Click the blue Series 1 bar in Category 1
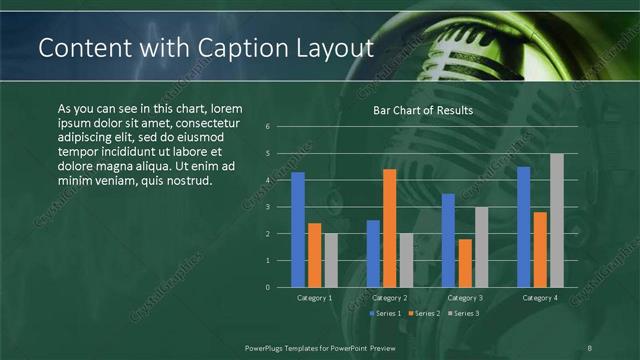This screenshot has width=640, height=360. pyautogui.click(x=298, y=230)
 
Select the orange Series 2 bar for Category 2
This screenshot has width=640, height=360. pyautogui.click(x=389, y=228)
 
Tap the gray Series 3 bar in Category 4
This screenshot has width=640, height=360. pyautogui.click(x=556, y=220)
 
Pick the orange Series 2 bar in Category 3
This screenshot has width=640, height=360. pyautogui.click(x=465, y=263)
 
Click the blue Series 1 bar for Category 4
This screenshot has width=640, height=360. pyautogui.click(x=523, y=227)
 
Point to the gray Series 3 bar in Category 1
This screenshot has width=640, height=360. pyautogui.click(x=331, y=260)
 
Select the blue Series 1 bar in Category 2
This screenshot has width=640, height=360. pyautogui.click(x=373, y=254)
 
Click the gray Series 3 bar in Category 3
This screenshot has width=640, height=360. pyautogui.click(x=481, y=247)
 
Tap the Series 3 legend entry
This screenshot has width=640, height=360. pyautogui.click(x=463, y=314)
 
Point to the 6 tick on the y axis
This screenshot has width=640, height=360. pyautogui.click(x=268, y=127)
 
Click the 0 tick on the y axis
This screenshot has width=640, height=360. pyautogui.click(x=268, y=287)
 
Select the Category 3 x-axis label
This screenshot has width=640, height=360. pyautogui.click(x=465, y=298)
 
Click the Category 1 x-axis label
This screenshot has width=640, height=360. pyautogui.click(x=315, y=298)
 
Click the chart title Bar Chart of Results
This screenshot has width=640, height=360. pyautogui.click(x=423, y=110)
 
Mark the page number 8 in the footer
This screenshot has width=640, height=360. pyautogui.click(x=589, y=346)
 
